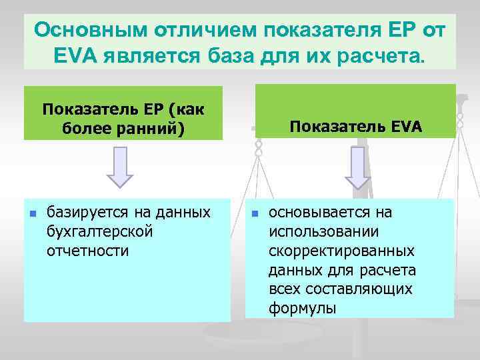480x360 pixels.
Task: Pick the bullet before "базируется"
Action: click(x=31, y=214)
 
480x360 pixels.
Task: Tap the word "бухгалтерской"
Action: click(x=100, y=232)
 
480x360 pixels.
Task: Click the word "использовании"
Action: click(x=323, y=232)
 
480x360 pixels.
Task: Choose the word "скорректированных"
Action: click(x=341, y=251)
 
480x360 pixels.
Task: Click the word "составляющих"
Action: click(x=341, y=289)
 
